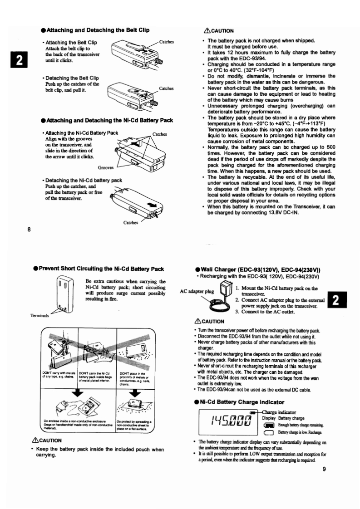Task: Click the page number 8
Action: click(29, 229)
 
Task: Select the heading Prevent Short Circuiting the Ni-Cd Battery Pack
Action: click(99, 269)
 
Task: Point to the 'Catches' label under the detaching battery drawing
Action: click(131, 222)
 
